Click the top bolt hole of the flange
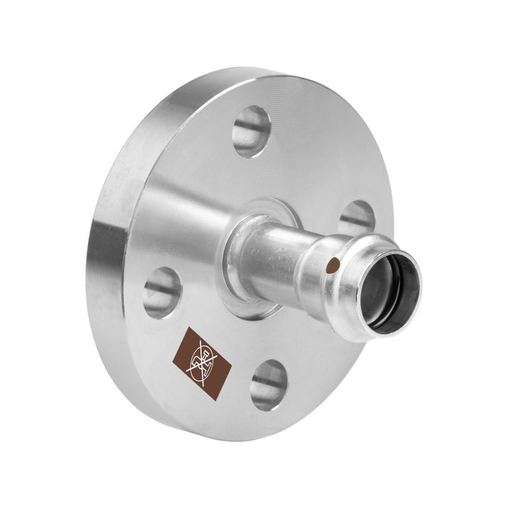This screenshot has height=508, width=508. tap(251, 131)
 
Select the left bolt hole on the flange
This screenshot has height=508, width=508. tap(163, 288)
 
